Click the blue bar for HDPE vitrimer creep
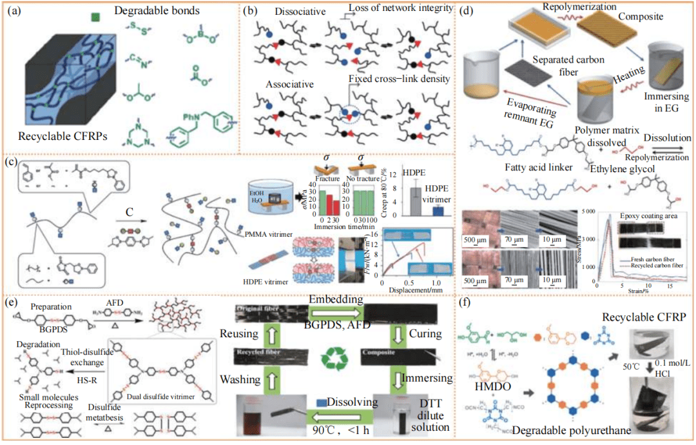(438, 210)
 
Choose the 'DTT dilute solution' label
(434, 417)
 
